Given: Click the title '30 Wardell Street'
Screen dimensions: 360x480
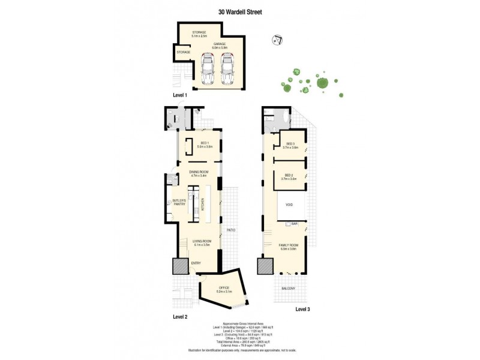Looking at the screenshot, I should [x=240, y=11].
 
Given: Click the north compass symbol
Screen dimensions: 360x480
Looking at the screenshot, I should [x=278, y=41].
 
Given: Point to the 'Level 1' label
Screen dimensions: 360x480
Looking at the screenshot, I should [x=180, y=95].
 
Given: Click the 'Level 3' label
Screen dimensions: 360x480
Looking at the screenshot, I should [x=304, y=309].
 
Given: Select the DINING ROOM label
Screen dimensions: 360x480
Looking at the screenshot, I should [x=199, y=173].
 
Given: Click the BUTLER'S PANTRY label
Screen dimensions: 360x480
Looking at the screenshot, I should [x=178, y=202].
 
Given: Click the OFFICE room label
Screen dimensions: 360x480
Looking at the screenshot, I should [x=224, y=288].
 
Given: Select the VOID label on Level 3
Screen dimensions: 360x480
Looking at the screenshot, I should [x=290, y=205].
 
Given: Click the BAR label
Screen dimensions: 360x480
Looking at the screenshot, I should [x=295, y=224].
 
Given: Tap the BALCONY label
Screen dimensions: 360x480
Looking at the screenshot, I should [x=288, y=289].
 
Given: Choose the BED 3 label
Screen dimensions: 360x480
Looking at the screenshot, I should [x=291, y=145].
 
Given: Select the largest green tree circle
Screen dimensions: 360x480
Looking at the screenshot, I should [x=323, y=83].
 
